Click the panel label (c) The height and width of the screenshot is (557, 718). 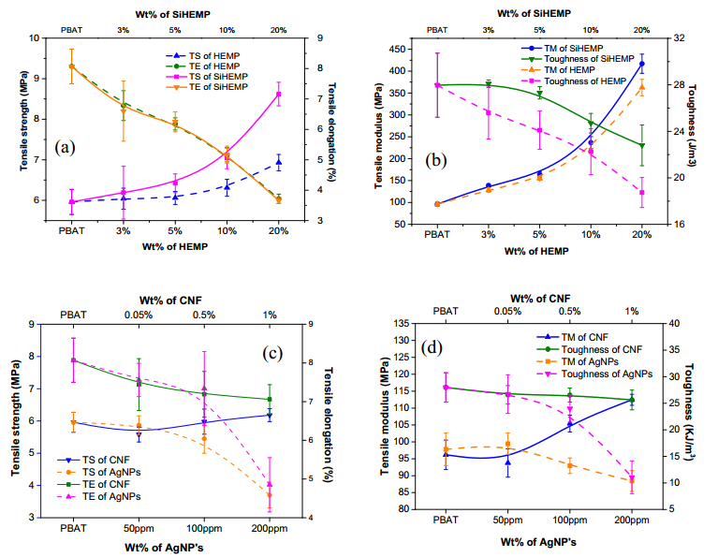[x=272, y=354]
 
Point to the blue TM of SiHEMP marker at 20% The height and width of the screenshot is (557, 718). [x=641, y=64]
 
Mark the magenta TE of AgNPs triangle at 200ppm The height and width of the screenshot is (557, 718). [x=270, y=485]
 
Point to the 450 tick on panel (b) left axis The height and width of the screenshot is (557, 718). [x=408, y=49]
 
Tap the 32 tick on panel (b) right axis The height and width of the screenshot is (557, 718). [x=673, y=37]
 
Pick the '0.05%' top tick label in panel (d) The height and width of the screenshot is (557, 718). [x=508, y=311]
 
